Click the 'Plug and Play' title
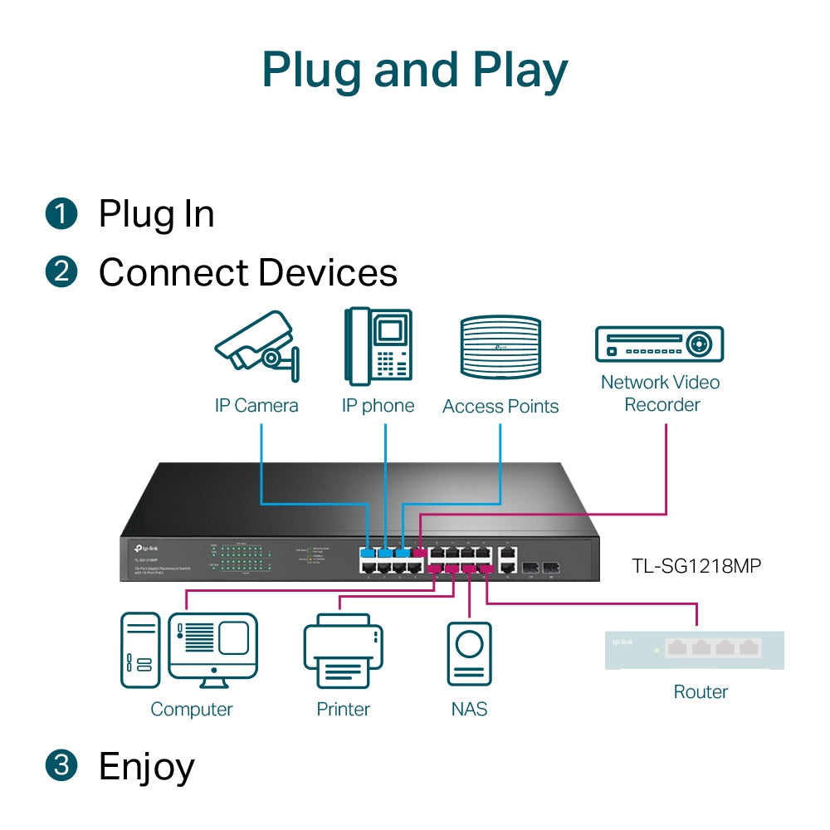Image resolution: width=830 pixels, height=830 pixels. click(x=415, y=71)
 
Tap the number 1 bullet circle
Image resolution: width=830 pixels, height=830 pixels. click(x=61, y=214)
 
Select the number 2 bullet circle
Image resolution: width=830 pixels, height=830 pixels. click(x=61, y=272)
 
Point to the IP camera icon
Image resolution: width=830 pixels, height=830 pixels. click(x=256, y=348)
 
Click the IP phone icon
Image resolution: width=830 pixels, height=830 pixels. click(x=378, y=346)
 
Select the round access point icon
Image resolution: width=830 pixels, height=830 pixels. click(x=500, y=348)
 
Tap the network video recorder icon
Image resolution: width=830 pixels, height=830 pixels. click(x=660, y=344)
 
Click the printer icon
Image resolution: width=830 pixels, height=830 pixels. click(x=343, y=651)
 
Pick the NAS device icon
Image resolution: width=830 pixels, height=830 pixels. click(x=469, y=653)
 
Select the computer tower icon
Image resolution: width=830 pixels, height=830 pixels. click(x=139, y=650)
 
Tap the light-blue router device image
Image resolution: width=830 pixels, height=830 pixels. click(x=695, y=649)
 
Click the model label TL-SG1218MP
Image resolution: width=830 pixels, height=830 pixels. click(x=696, y=566)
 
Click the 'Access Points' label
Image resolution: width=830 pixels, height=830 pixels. click(x=500, y=406)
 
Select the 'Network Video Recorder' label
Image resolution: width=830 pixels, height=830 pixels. click(x=661, y=393)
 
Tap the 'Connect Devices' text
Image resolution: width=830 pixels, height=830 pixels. click(x=248, y=272)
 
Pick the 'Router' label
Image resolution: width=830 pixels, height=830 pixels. click(x=701, y=691)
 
